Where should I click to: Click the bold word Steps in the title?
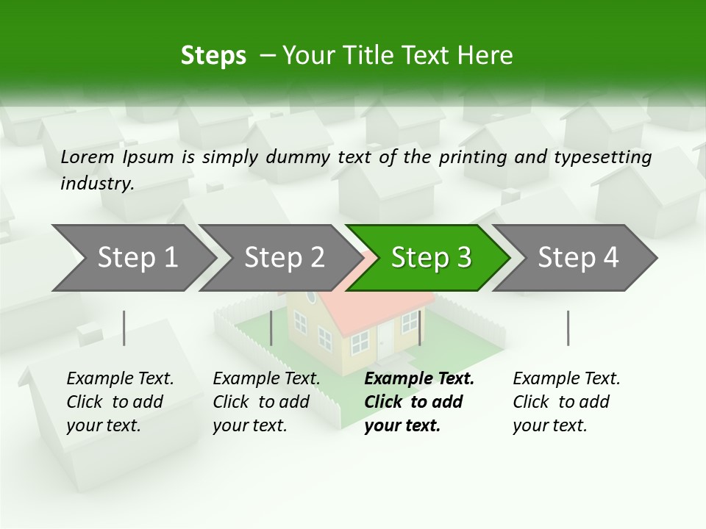point(213,56)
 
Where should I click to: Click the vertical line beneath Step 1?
point(124,328)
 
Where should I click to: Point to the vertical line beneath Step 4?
point(568,328)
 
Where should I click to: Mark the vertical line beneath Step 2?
point(271,328)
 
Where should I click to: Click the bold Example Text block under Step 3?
point(419,402)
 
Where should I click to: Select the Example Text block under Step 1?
point(120,402)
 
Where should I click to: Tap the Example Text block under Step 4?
point(566,402)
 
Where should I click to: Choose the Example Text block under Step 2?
point(266,402)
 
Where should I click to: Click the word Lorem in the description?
point(88,157)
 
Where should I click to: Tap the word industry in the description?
point(97,184)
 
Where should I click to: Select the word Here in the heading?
point(487,56)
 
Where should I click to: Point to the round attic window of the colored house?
point(311,298)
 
